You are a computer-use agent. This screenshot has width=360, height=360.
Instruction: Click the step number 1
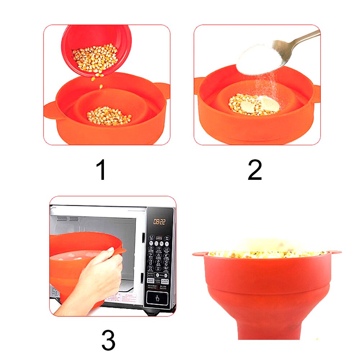[x=102, y=170]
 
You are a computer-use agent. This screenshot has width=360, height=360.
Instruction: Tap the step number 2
[x=255, y=170]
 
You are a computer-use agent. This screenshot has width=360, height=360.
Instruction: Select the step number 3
[x=108, y=340]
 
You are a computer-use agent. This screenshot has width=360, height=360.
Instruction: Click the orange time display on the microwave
[x=159, y=222]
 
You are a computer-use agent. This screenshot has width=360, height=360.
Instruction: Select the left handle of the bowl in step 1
[x=50, y=110]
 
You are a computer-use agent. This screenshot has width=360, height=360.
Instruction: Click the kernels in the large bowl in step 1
[x=109, y=115]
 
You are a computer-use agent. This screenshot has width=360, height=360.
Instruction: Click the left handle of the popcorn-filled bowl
[x=200, y=254]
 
